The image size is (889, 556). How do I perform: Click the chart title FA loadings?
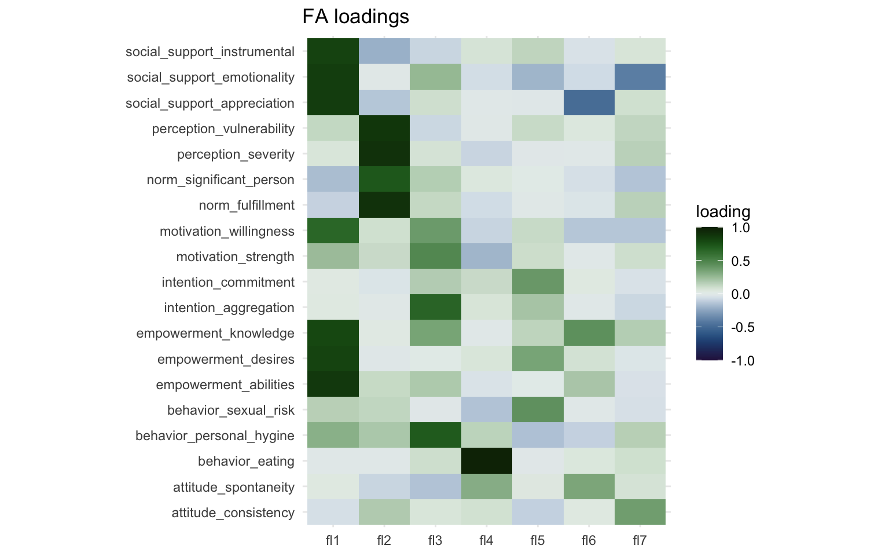click(x=355, y=17)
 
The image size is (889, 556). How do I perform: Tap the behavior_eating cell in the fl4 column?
click(x=486, y=461)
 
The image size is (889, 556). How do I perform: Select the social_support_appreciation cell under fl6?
click(x=589, y=103)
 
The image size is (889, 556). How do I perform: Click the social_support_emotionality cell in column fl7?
click(x=640, y=77)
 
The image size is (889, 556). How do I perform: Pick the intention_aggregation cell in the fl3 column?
click(x=435, y=308)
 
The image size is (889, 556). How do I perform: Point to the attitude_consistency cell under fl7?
click(x=640, y=512)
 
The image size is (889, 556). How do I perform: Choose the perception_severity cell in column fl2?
click(x=384, y=154)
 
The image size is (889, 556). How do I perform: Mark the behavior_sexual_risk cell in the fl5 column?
click(x=538, y=410)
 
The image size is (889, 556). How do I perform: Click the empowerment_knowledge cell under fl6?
click(x=589, y=333)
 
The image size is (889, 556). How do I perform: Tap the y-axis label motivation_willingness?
click(x=227, y=232)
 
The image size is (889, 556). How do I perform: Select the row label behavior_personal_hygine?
click(x=215, y=436)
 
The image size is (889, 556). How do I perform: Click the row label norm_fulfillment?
click(x=247, y=206)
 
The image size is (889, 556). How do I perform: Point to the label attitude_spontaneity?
click(x=234, y=488)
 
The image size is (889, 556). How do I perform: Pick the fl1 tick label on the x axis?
click(x=333, y=540)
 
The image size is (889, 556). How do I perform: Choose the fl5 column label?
click(x=538, y=540)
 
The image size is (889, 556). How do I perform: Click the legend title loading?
click(x=723, y=212)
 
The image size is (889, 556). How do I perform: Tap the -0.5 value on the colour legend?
click(x=743, y=327)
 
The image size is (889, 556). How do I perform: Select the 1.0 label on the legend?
click(x=741, y=228)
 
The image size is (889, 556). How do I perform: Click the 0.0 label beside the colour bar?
click(x=741, y=294)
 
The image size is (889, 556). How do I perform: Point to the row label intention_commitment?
click(x=228, y=283)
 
